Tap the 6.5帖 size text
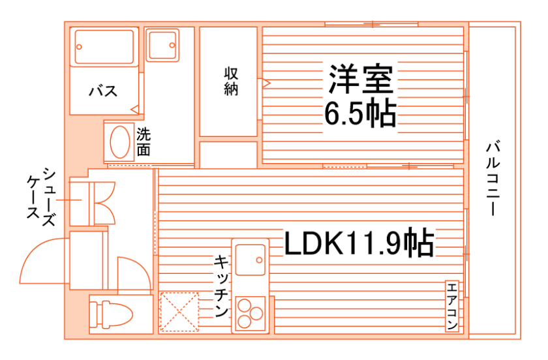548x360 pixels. click(360, 115)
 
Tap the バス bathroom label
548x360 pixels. click(103, 91)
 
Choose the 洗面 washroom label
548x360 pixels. click(144, 142)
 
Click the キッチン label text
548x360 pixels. click(221, 286)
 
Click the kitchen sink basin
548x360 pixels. click(251, 259)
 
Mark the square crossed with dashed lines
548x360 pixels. click(179, 312)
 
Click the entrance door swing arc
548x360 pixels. click(39, 261)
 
